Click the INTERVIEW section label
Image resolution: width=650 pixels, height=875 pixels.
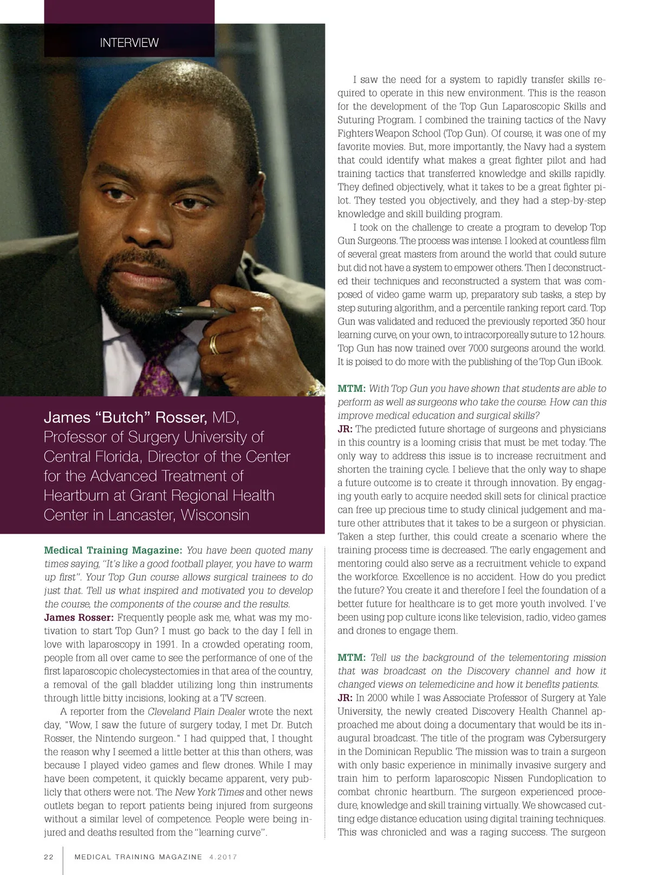(x=129, y=43)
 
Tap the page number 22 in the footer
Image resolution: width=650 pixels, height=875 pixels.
(x=49, y=857)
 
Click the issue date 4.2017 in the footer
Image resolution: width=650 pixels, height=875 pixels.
(x=223, y=857)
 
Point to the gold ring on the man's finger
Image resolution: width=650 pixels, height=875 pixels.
(x=214, y=343)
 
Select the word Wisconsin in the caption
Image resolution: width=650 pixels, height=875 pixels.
(x=215, y=514)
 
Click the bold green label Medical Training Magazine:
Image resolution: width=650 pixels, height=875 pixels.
(x=113, y=550)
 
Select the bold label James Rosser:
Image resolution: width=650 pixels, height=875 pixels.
(x=79, y=617)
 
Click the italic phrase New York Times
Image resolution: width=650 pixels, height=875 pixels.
(x=209, y=792)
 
